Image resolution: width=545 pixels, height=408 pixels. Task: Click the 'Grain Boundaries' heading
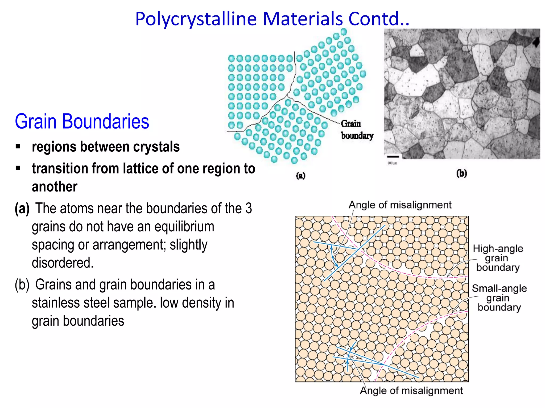pos(82,121)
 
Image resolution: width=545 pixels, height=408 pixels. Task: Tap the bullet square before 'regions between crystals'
pos(18,146)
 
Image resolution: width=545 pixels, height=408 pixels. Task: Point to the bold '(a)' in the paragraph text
pos(22,209)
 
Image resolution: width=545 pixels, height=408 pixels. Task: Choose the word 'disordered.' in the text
pos(63,263)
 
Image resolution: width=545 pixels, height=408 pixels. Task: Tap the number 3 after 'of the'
pos(249,209)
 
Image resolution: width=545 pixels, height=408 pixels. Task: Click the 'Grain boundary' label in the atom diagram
pos(357,130)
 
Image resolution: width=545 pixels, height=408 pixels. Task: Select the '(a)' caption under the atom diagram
pos(301,176)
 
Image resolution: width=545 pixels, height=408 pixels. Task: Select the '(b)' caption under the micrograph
pos(461,173)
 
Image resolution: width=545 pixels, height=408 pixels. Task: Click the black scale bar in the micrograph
pos(393,157)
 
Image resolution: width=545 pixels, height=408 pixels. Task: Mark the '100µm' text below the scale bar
pos(392,163)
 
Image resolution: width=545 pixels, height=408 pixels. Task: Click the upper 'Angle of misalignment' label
pos(400,205)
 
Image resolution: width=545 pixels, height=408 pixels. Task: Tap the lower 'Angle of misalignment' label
pos(411,391)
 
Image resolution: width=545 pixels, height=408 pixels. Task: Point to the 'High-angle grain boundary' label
pos(498,258)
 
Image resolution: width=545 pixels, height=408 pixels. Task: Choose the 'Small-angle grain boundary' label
pos(499,298)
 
